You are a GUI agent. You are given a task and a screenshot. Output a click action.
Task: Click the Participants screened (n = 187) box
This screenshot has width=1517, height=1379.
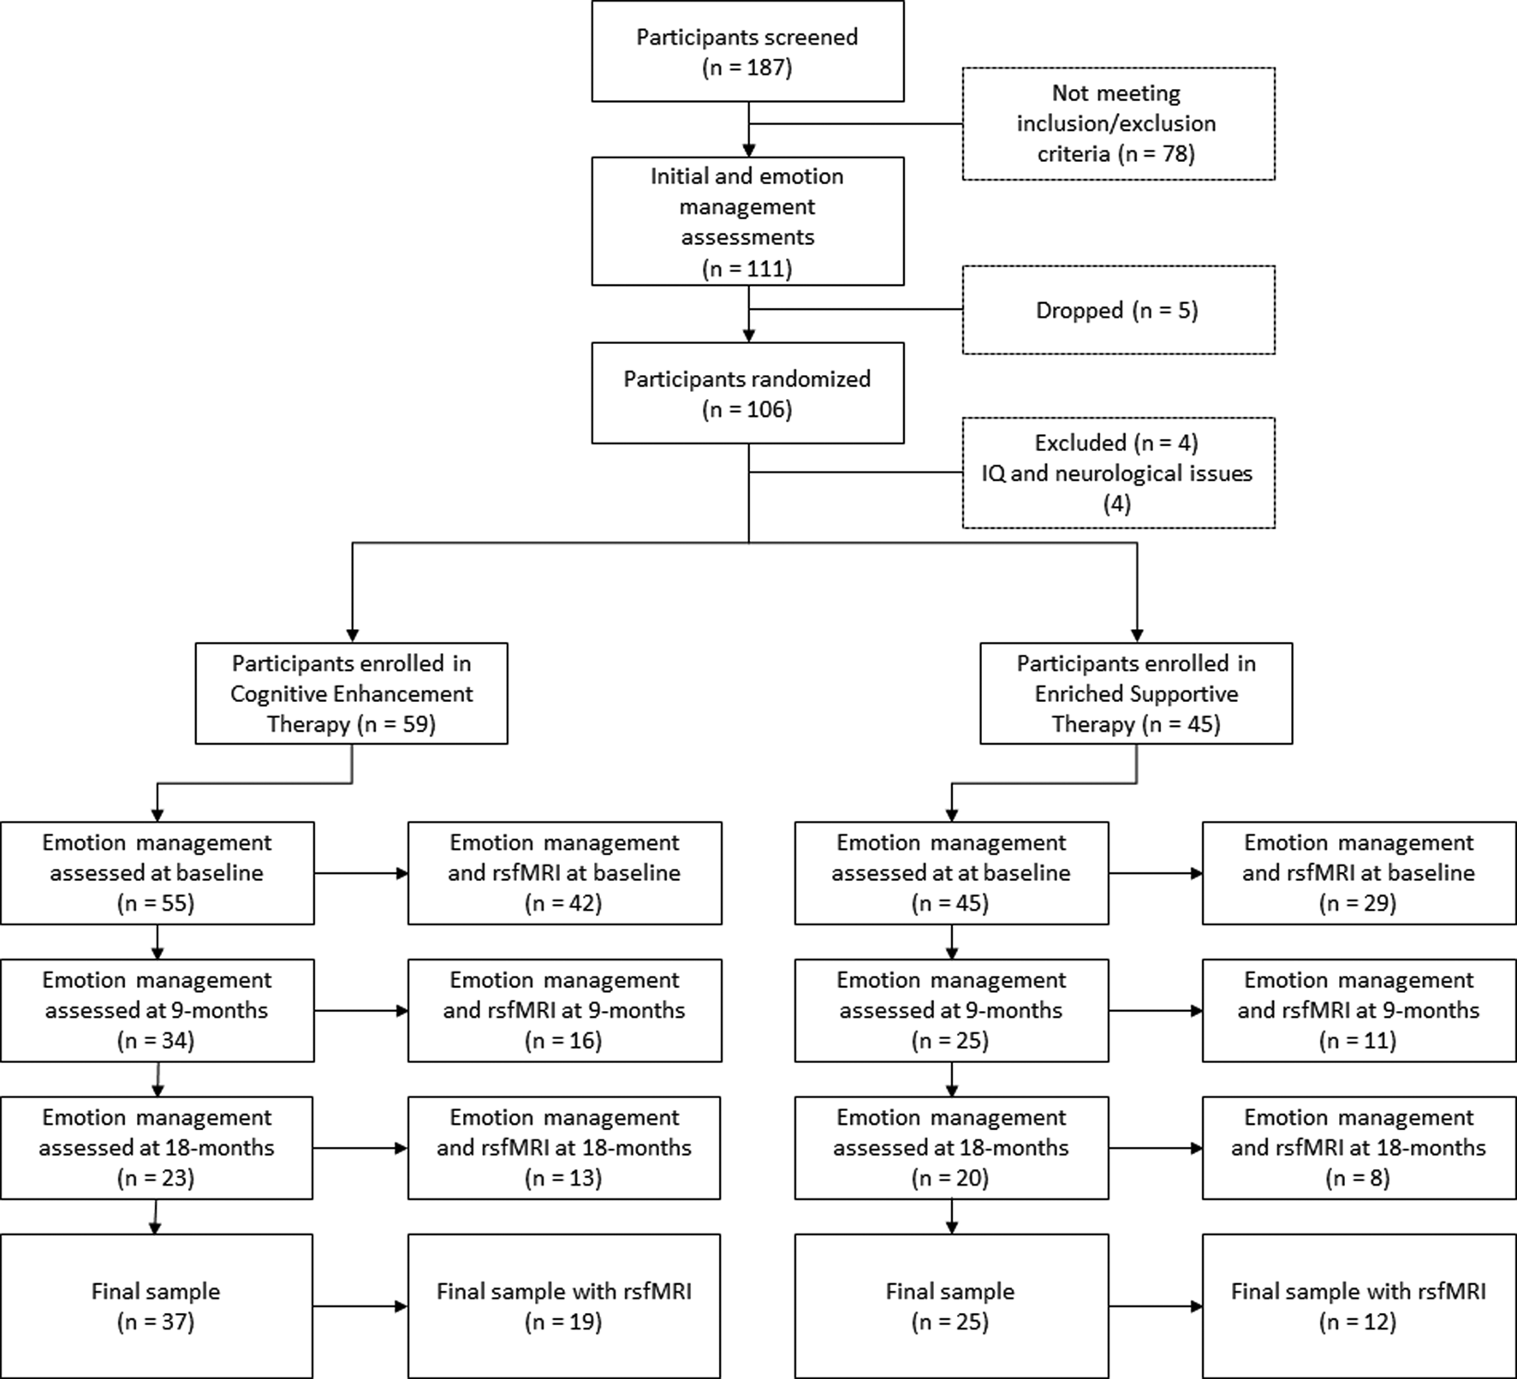pos(747,51)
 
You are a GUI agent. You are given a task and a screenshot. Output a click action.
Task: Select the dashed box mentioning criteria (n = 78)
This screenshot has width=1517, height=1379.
pos(1117,124)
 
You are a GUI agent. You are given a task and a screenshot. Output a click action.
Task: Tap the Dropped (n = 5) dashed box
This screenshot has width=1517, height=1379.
pos(1117,310)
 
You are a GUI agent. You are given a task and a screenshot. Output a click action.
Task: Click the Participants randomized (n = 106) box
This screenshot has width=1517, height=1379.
pos(747,394)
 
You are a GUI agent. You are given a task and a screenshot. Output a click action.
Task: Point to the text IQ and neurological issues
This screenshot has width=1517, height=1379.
pos(1117,473)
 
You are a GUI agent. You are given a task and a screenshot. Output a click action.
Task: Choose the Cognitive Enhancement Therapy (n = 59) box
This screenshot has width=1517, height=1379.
pos(351,693)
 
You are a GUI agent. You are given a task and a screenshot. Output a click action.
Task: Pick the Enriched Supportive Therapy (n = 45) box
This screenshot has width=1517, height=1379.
pos(1136,693)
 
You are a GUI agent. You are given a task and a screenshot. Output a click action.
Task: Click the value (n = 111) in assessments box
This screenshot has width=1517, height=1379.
pos(747,269)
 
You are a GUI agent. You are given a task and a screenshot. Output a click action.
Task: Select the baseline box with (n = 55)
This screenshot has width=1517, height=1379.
pos(157,873)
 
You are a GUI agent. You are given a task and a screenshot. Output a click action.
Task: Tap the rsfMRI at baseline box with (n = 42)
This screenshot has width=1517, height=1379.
pos(564,873)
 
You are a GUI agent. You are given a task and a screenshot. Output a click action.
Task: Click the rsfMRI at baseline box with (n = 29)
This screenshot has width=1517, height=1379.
pos(1359,873)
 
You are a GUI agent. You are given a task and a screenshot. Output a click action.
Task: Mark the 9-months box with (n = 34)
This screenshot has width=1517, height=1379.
pos(157,1010)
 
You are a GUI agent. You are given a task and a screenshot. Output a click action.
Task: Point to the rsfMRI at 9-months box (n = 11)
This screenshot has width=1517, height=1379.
pos(1359,1010)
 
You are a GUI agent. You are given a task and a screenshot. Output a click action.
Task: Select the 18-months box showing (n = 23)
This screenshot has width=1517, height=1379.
pos(157,1148)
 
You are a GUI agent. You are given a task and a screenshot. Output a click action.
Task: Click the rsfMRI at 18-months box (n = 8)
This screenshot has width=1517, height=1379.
pos(1359,1148)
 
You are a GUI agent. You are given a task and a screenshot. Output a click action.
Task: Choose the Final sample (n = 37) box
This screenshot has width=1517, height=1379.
pos(157,1306)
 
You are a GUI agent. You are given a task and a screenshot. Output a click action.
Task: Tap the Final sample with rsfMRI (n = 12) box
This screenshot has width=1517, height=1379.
pos(1359,1306)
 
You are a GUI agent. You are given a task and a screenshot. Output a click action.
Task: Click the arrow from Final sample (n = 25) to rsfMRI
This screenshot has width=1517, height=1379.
pos(1155,1306)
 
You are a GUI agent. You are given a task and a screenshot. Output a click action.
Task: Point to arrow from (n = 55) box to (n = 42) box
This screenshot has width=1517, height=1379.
pos(360,873)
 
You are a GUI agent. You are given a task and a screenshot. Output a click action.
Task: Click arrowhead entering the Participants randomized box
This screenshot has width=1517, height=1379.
pos(748,336)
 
